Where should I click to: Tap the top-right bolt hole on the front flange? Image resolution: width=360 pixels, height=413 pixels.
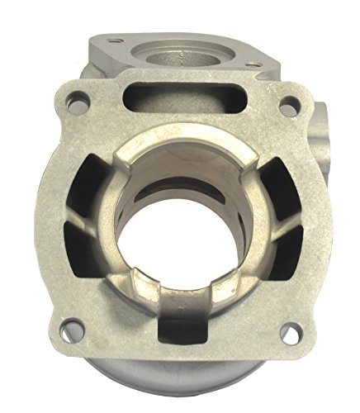pyautogui.click(x=287, y=107)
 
